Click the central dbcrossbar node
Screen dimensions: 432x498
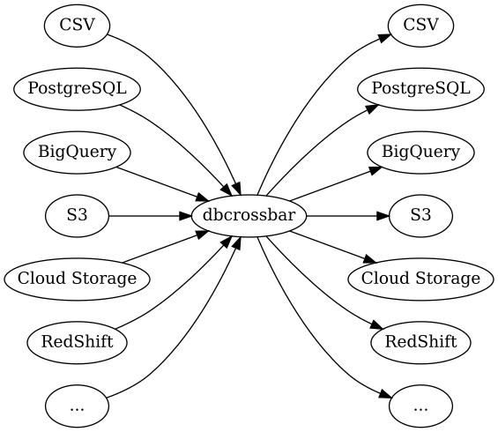(249, 216)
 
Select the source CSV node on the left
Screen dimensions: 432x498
(77, 25)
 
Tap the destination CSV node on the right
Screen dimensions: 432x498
(420, 25)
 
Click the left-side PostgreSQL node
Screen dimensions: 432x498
(77, 88)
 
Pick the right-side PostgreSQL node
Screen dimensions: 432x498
(420, 88)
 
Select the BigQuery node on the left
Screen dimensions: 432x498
(77, 152)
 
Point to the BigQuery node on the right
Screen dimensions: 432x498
(420, 152)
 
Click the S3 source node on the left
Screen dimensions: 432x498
(77, 216)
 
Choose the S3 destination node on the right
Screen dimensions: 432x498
(420, 216)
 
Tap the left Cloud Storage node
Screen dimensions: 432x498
(77, 279)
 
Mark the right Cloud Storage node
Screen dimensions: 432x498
(420, 279)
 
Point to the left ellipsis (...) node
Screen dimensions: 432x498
(77, 406)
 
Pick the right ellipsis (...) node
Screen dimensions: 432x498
(420, 406)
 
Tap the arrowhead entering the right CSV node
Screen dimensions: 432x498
(384, 38)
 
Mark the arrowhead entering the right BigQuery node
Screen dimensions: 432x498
(375, 168)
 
